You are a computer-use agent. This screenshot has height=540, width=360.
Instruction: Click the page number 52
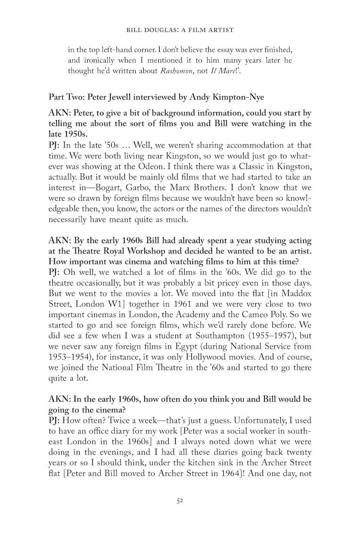[x=180, y=501]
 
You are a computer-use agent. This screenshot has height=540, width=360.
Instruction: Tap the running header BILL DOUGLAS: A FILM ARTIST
[x=180, y=30]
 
